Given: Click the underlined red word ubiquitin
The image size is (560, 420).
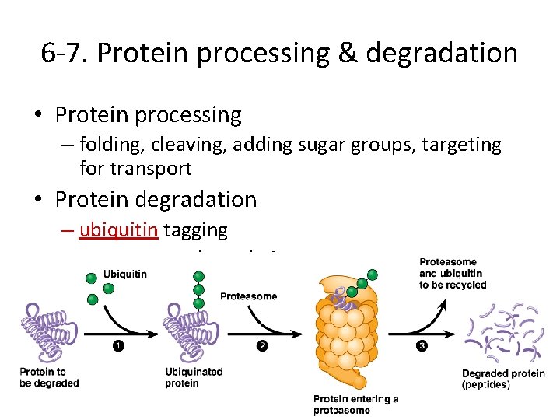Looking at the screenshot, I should pyautogui.click(x=114, y=230).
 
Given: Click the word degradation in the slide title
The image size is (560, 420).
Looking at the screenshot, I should pyautogui.click(x=442, y=53).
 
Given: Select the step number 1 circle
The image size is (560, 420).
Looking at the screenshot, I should pyautogui.click(x=117, y=346).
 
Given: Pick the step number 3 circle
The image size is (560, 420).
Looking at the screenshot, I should pyautogui.click(x=421, y=346).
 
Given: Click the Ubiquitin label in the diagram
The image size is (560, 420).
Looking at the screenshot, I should pyautogui.click(x=125, y=275).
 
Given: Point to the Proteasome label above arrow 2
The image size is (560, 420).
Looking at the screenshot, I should pyautogui.click(x=248, y=296).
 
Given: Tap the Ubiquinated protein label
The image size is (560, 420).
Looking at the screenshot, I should pyautogui.click(x=194, y=377).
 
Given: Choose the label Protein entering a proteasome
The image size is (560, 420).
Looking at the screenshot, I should pyautogui.click(x=355, y=404).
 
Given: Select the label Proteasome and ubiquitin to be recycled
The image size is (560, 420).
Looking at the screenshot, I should pyautogui.click(x=453, y=274).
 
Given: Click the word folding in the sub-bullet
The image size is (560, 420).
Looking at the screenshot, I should pyautogui.click(x=108, y=145).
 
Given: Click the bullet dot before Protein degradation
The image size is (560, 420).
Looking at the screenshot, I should pyautogui.click(x=38, y=200).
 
